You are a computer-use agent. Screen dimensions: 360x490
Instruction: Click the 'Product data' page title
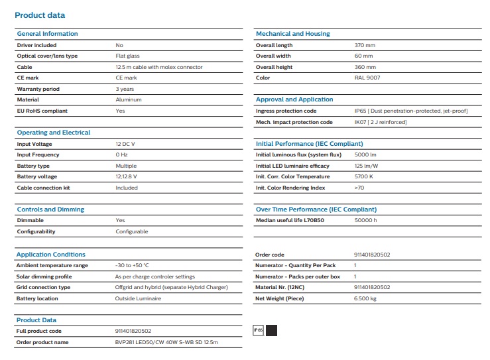point(40,15)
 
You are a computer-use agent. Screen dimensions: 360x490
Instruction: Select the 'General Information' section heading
point(47,34)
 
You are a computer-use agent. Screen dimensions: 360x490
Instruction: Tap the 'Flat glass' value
point(128,56)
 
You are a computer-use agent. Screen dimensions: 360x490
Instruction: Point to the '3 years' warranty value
point(125,89)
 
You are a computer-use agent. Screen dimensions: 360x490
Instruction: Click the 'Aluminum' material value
point(129,100)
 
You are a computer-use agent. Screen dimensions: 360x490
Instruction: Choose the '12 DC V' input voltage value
point(126,144)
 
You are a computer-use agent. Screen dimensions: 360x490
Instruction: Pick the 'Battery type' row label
point(33,166)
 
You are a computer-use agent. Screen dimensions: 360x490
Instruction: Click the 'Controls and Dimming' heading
point(50,210)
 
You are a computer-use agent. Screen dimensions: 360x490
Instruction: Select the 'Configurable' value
point(132,231)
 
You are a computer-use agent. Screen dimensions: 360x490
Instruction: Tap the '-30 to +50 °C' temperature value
point(132,265)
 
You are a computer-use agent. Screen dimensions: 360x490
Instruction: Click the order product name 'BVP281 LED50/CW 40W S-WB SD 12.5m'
point(166,342)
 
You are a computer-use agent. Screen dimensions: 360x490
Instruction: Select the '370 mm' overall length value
point(365,45)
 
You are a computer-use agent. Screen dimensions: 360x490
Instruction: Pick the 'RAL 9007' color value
point(367,78)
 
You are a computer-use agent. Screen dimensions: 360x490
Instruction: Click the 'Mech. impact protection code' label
point(294,122)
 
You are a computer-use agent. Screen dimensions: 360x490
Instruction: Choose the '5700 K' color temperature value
point(364,176)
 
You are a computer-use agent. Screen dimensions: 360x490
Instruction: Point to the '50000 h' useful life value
point(366,220)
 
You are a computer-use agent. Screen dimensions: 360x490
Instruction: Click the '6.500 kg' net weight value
point(366,298)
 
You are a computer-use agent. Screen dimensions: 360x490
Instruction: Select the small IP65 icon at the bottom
point(259,330)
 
